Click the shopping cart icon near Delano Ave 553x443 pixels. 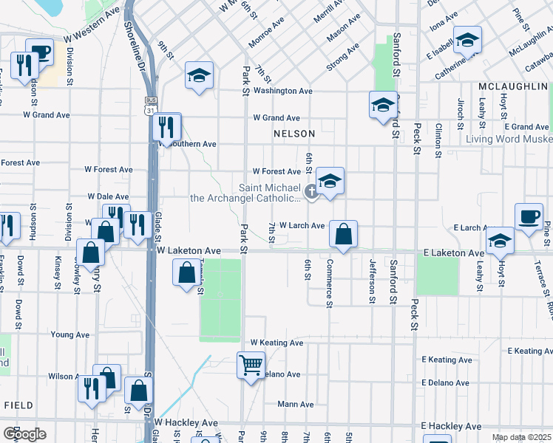click(251, 364)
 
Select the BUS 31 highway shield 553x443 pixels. click(151, 106)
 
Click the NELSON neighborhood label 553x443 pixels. click(294, 134)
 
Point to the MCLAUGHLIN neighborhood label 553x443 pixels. click(512, 86)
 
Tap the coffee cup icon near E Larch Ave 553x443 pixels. click(529, 216)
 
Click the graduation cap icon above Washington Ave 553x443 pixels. click(198, 76)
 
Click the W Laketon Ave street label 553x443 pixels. click(189, 252)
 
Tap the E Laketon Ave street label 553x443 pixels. click(454, 253)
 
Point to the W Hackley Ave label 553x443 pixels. click(186, 422)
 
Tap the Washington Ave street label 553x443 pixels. click(282, 92)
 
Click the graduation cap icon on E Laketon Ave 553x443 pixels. click(501, 240)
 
